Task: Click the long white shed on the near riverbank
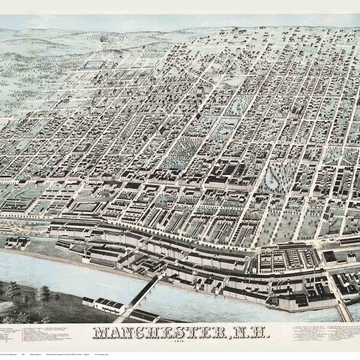click(109, 306)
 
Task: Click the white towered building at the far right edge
click(347, 257)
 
